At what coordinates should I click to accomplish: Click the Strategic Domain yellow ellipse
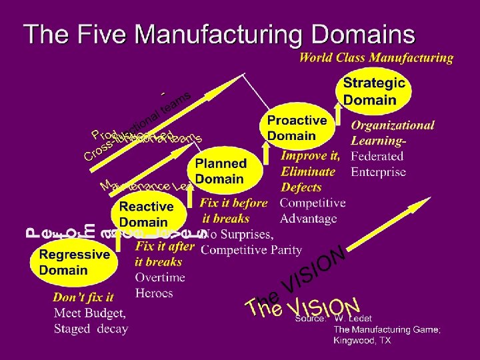(374, 92)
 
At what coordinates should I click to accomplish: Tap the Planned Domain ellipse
(221, 171)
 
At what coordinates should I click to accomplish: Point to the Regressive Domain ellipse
(73, 262)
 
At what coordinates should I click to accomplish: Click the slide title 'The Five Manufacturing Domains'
(219, 33)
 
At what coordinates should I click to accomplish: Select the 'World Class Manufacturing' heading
(376, 58)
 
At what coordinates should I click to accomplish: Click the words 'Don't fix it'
(83, 297)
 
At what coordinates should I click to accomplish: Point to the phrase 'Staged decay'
(91, 329)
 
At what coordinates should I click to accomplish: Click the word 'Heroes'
(153, 293)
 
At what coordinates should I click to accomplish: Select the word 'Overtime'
(159, 277)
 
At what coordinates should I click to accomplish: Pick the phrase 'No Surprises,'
(237, 234)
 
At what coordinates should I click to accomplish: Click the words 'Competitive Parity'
(251, 250)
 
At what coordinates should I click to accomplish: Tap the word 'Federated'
(377, 157)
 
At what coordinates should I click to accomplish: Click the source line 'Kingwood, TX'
(362, 340)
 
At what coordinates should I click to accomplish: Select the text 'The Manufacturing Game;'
(387, 329)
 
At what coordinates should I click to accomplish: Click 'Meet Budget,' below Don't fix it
(89, 313)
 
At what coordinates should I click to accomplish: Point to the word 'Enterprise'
(378, 172)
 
